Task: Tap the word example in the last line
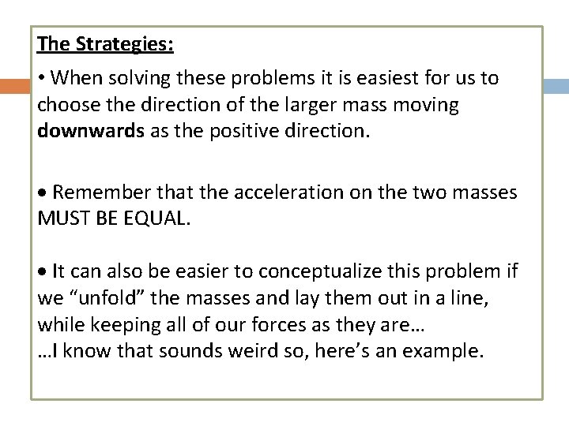[442, 351]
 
